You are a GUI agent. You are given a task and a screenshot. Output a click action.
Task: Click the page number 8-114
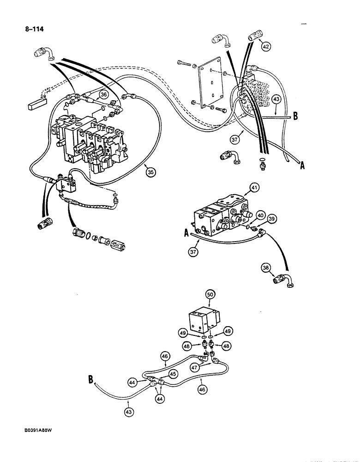[x=35, y=32]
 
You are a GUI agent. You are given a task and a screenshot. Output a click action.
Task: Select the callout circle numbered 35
[x=150, y=172]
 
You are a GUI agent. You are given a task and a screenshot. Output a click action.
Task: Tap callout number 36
[x=104, y=95]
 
